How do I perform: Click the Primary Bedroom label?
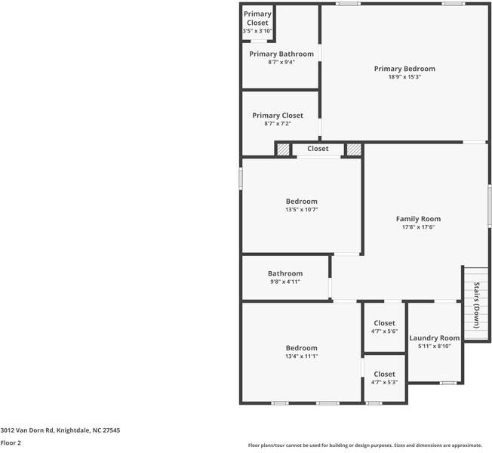tap(404, 69)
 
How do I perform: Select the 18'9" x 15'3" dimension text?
tap(404, 77)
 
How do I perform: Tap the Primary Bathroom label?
tap(281, 54)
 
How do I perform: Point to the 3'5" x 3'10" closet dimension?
tap(257, 31)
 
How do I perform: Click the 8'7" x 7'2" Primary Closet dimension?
tap(278, 124)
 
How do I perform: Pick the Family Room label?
tap(418, 219)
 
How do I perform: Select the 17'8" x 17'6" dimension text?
tap(418, 227)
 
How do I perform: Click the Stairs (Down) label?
tap(477, 304)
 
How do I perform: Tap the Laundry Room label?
tap(434, 338)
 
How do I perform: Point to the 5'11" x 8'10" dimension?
tap(434, 347)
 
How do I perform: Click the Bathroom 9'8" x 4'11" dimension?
tap(285, 282)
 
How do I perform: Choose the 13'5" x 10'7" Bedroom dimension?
tap(301, 210)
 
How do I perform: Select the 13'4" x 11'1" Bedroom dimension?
tap(301, 356)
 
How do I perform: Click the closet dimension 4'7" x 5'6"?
tap(384, 331)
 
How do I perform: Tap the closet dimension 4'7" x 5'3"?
tap(384, 382)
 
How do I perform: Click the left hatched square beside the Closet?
tap(283, 149)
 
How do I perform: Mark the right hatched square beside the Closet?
tap(353, 149)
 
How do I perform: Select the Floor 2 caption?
tap(11, 443)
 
